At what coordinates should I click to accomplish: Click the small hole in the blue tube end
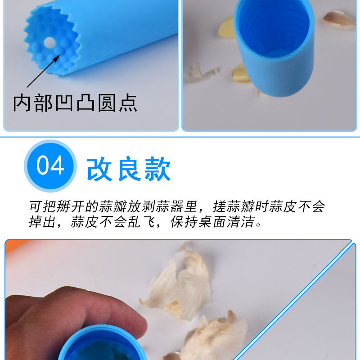pos(49,43)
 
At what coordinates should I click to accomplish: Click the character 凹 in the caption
pos(66,103)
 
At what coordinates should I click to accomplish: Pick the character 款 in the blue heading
pos(157,169)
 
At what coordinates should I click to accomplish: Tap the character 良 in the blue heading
pos(129,169)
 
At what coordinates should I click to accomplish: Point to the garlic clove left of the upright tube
pos(226,28)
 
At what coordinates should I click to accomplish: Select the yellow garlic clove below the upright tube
pos(241,74)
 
